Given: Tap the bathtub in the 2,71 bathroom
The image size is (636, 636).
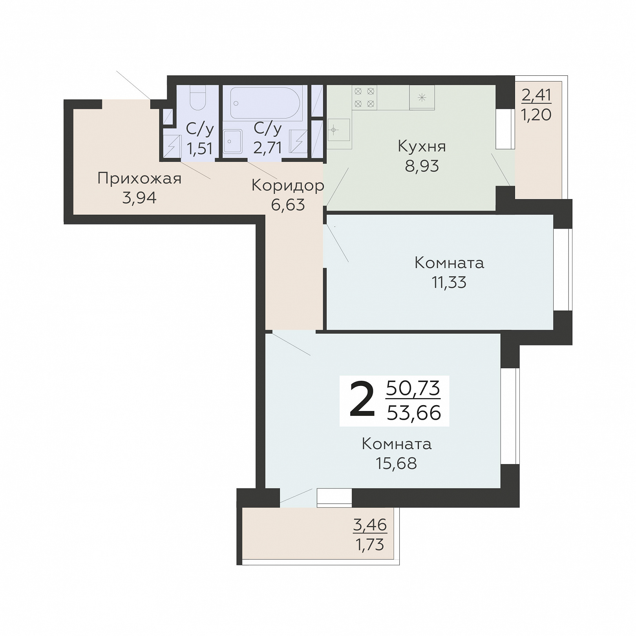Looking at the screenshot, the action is pyautogui.click(x=265, y=103).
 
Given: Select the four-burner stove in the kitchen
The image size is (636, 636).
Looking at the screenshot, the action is pyautogui.click(x=364, y=97).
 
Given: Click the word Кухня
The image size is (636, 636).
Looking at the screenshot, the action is pyautogui.click(x=422, y=146).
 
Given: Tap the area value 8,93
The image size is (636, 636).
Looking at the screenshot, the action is pyautogui.click(x=422, y=166).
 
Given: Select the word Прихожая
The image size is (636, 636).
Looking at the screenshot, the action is pyautogui.click(x=139, y=179).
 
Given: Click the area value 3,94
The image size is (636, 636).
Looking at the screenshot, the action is pyautogui.click(x=139, y=198).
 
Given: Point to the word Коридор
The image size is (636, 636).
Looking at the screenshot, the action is pyautogui.click(x=288, y=185).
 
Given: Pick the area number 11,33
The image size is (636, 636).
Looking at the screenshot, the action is pyautogui.click(x=449, y=282).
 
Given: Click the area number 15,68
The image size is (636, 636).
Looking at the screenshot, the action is pyautogui.click(x=397, y=463).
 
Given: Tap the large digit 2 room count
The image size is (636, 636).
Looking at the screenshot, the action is pyautogui.click(x=362, y=400).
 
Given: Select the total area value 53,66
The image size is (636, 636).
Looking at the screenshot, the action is pyautogui.click(x=414, y=413).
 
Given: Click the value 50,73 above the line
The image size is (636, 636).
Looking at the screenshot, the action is pyautogui.click(x=413, y=388).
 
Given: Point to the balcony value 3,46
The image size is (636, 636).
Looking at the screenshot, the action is pyautogui.click(x=370, y=525).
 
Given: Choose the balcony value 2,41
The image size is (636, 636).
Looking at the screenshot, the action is pyautogui.click(x=537, y=95).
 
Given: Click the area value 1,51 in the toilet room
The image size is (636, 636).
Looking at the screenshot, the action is pyautogui.click(x=200, y=148).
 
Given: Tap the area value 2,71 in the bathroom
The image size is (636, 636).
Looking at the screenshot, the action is pyautogui.click(x=267, y=148).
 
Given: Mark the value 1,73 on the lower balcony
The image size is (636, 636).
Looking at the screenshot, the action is pyautogui.click(x=370, y=545).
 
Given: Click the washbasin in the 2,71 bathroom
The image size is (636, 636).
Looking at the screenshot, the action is pyautogui.click(x=233, y=142).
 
